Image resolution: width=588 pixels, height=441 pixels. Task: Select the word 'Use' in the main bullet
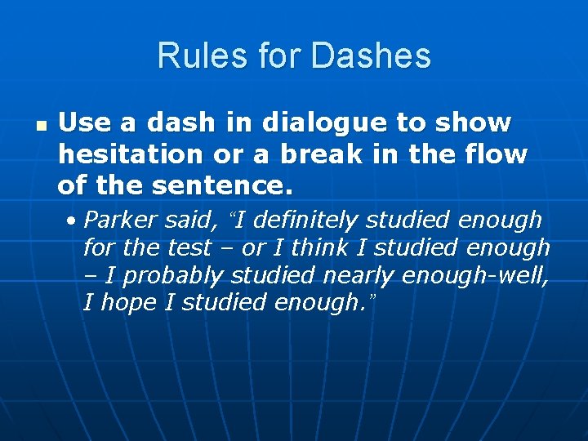click(x=79, y=123)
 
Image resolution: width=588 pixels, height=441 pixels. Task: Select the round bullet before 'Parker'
click(x=73, y=220)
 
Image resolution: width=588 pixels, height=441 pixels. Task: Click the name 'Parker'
click(x=122, y=220)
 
